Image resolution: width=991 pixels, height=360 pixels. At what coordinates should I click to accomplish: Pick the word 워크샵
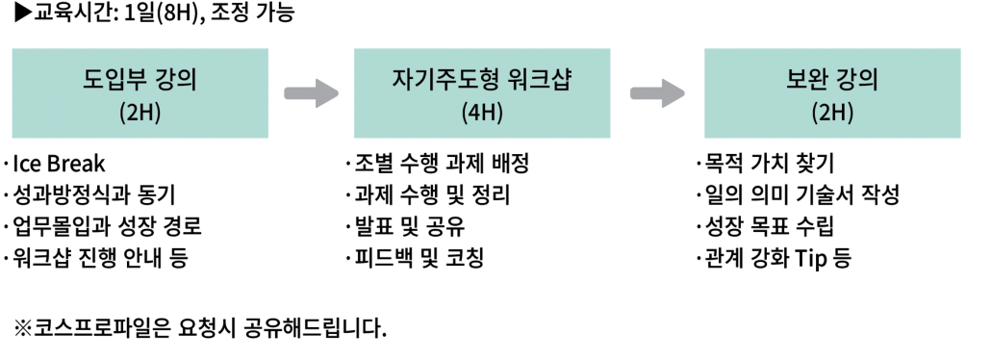[x=538, y=80]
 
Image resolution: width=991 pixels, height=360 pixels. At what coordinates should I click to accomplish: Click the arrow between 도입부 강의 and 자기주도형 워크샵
[x=311, y=93]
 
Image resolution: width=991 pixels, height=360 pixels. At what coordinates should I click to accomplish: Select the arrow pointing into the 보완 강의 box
[x=656, y=93]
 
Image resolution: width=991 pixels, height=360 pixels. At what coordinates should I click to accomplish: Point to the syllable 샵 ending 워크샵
[x=560, y=80]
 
